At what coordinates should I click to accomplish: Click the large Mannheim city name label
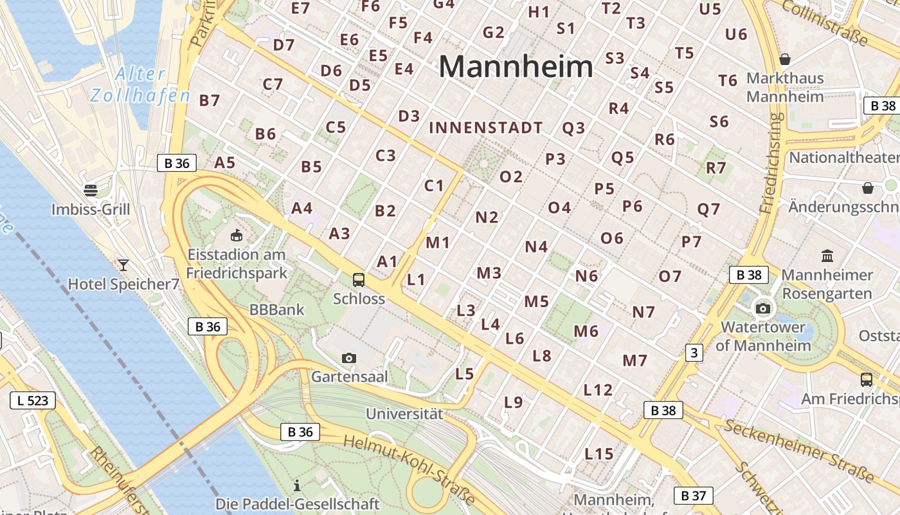click(x=516, y=67)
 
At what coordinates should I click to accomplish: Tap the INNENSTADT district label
click(x=486, y=128)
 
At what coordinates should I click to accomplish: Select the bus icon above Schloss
click(x=359, y=280)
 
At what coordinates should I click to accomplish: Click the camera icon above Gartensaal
click(x=348, y=358)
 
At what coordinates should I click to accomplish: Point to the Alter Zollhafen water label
click(x=140, y=85)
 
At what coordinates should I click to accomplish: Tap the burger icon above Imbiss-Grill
click(x=90, y=191)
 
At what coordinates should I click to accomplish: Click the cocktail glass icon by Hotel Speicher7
click(x=123, y=265)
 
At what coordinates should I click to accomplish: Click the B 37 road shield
click(x=693, y=496)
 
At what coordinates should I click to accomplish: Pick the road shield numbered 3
click(x=694, y=353)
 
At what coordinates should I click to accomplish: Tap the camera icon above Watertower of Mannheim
click(x=763, y=308)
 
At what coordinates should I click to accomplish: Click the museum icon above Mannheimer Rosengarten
click(x=827, y=256)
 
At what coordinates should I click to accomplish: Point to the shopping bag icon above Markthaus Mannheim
click(x=785, y=59)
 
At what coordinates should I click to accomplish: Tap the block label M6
click(x=586, y=332)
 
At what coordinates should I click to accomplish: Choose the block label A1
click(x=387, y=262)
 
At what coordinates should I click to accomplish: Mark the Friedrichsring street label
click(x=771, y=164)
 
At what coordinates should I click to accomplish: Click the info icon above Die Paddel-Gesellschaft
click(x=297, y=485)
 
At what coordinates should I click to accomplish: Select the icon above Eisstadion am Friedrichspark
click(x=237, y=236)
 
